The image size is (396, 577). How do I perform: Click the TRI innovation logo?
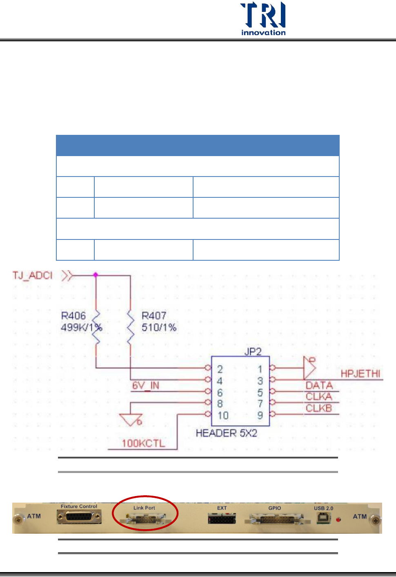point(263,19)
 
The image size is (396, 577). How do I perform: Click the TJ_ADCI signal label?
point(33,275)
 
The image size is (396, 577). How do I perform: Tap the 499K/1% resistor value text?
point(81,327)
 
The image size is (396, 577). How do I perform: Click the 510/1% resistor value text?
point(159,327)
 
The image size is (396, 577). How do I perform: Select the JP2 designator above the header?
point(253,351)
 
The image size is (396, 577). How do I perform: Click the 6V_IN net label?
point(146,385)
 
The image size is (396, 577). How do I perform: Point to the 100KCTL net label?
point(143,443)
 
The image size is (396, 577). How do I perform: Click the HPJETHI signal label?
point(360,373)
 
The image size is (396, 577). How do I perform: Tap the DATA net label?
point(319,385)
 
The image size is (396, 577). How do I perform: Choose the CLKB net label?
point(319,408)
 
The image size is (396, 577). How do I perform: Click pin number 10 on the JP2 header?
point(223,416)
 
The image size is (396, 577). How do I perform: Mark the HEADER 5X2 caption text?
point(227,433)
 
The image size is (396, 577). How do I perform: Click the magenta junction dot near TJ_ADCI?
point(96,275)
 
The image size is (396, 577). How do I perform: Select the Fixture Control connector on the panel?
point(79,517)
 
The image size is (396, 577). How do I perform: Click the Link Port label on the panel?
point(144,508)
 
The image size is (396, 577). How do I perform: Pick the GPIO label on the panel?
point(275,508)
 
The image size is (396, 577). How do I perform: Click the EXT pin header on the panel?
point(222,519)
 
